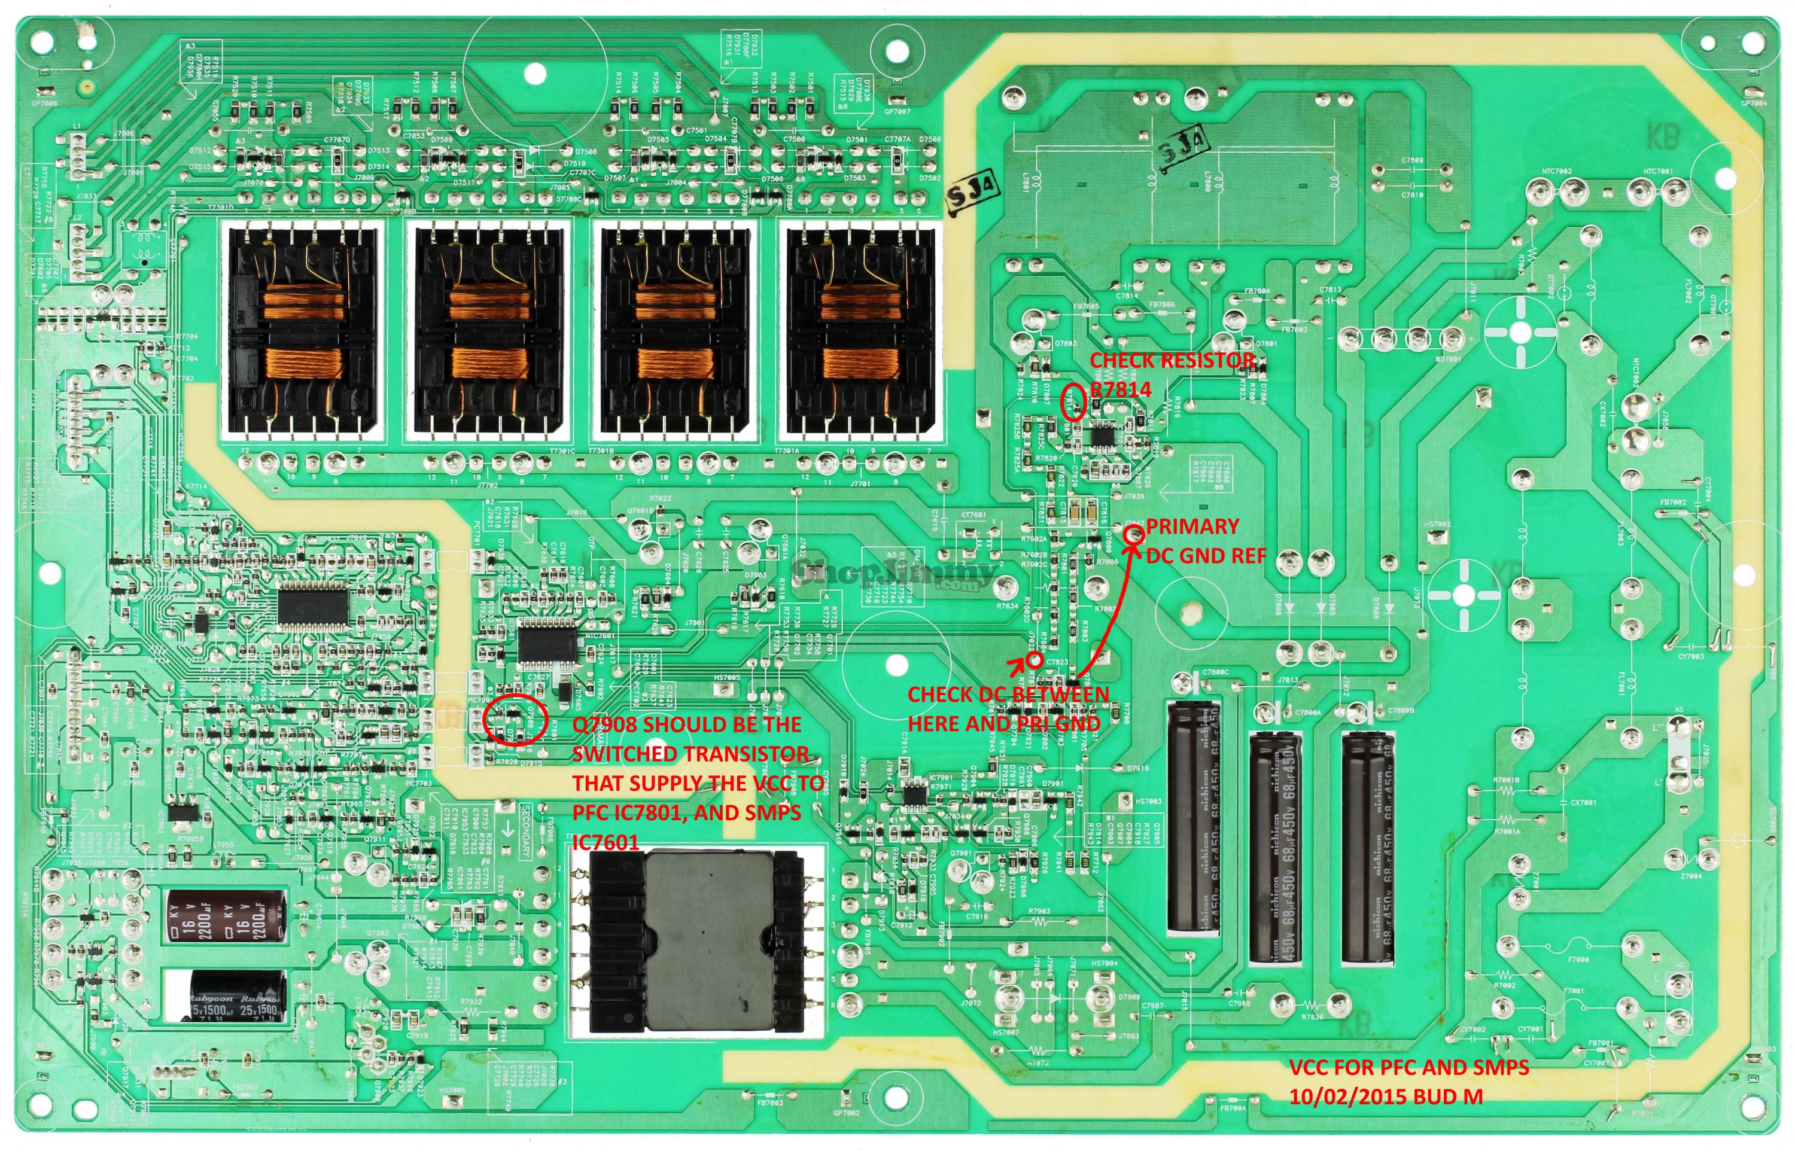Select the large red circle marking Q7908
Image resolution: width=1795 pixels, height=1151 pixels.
coord(516,719)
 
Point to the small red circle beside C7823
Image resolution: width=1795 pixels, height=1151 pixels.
coord(1035,660)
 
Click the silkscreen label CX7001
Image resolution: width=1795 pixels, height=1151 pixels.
coord(1584,803)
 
